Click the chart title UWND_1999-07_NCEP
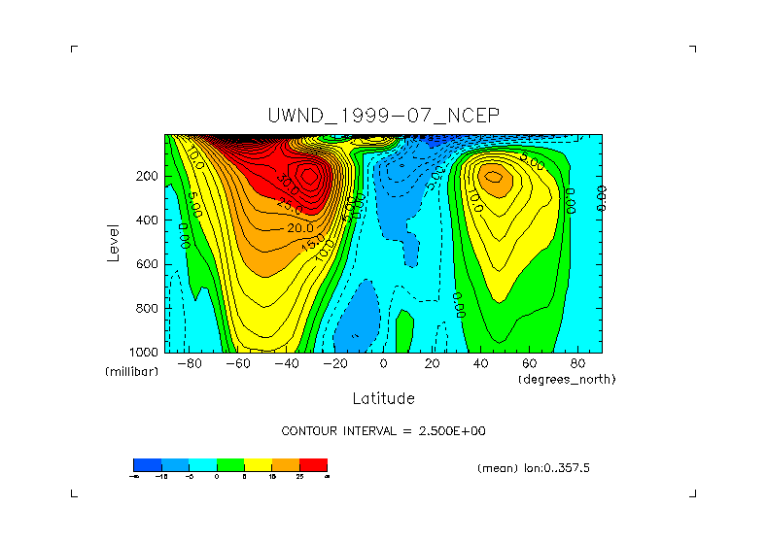383,116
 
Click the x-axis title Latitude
383,398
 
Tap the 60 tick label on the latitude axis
530,364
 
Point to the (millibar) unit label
131,372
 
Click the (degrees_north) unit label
568,378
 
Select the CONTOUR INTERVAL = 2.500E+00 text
383,430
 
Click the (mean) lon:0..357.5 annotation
534,467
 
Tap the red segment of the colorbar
313,464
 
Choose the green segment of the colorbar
229,464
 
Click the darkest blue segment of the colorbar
146,464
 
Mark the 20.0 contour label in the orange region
299,228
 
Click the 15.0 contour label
312,250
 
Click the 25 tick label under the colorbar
299,476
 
